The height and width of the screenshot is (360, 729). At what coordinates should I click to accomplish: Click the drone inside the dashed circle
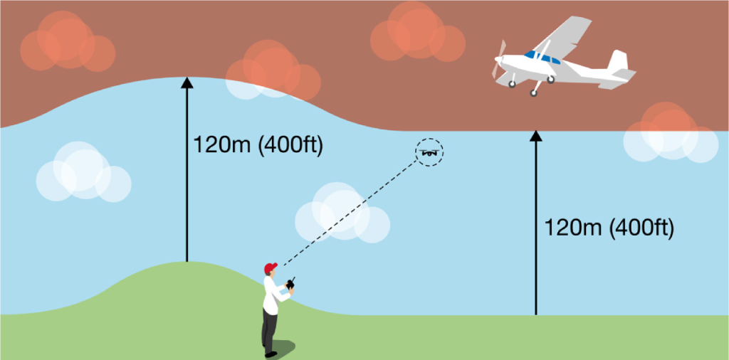(429, 152)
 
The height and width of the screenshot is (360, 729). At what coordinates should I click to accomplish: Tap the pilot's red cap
(270, 268)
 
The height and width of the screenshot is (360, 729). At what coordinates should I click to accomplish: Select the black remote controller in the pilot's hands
(291, 284)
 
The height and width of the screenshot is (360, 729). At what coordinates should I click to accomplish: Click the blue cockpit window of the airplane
(542, 58)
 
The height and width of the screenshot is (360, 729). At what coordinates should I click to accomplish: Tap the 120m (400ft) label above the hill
(257, 146)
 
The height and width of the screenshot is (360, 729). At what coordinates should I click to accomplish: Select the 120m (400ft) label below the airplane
(608, 228)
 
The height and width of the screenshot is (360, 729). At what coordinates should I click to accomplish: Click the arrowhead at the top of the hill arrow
(187, 83)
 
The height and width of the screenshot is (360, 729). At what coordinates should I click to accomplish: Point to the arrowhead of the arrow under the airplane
(536, 136)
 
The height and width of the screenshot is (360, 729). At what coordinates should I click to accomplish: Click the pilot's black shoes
(268, 353)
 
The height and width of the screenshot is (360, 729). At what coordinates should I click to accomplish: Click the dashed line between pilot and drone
(350, 212)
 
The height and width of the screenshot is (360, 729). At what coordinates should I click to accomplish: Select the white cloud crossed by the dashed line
(342, 213)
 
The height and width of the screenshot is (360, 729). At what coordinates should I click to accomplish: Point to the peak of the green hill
(187, 262)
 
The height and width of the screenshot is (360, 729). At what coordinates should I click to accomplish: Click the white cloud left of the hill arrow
(84, 171)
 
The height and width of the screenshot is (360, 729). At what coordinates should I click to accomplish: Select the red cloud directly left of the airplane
(417, 31)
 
